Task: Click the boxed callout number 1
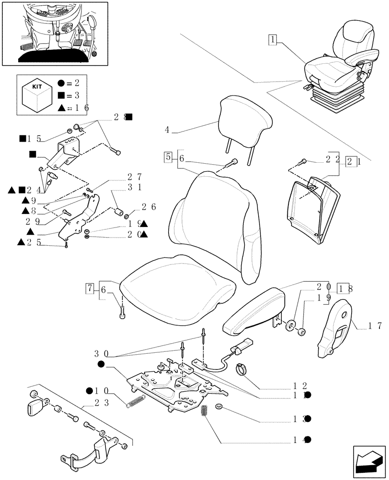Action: [x=272, y=40]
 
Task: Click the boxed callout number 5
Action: [x=168, y=157]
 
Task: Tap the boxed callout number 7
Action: [x=90, y=289]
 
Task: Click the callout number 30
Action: [x=100, y=353]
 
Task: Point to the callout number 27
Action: [x=135, y=177]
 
